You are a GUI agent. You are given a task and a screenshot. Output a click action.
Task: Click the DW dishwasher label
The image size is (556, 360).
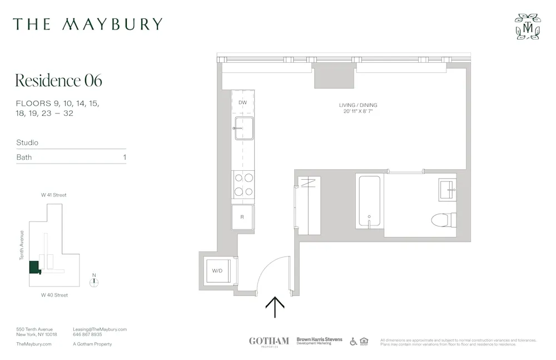pyautogui.click(x=242, y=103)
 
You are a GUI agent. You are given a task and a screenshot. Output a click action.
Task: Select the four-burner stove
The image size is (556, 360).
pyautogui.click(x=243, y=185)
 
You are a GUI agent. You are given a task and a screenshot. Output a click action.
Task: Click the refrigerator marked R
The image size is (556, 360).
pyautogui.click(x=242, y=217)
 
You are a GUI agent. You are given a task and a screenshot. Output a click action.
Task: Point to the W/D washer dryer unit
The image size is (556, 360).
pyautogui.click(x=218, y=270)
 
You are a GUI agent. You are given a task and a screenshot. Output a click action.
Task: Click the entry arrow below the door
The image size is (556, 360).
pyautogui.click(x=275, y=307)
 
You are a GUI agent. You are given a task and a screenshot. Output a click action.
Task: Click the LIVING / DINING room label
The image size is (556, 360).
pyautogui.click(x=358, y=105)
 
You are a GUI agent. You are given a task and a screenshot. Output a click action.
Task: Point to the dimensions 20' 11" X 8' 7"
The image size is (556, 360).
pyautogui.click(x=358, y=112)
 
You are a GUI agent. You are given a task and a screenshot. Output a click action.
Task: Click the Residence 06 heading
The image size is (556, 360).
pyautogui.click(x=58, y=81)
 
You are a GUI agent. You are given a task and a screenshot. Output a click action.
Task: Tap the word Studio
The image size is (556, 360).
pyautogui.click(x=27, y=143)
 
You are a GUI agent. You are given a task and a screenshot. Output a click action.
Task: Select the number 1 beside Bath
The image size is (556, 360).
pyautogui.click(x=125, y=157)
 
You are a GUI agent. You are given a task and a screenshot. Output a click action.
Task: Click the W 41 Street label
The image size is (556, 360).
pyautogui.click(x=53, y=195)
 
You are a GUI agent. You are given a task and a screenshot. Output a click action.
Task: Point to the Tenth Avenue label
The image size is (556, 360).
pyautogui.click(x=22, y=245)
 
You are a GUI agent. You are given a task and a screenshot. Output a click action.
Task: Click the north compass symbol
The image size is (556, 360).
pyautogui.click(x=95, y=282)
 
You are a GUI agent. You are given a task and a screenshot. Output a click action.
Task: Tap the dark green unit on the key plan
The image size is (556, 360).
pyautogui.click(x=34, y=267)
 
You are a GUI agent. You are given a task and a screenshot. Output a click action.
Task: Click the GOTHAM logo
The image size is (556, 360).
pyautogui.click(x=269, y=341)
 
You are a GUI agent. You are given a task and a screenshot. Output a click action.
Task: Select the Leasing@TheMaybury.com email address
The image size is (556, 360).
pyautogui.click(x=100, y=329)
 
